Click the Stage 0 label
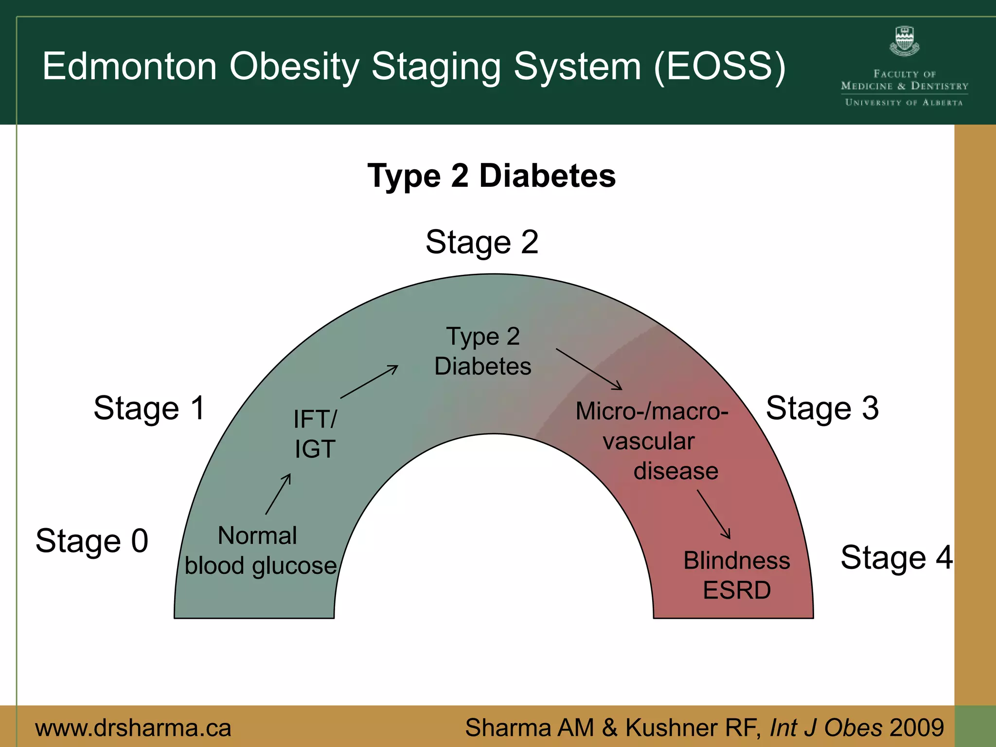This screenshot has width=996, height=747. coord(92,541)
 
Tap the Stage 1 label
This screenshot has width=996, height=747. coord(149,408)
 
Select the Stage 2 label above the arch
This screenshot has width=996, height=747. coord(482,242)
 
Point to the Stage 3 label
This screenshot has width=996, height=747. coord(822,408)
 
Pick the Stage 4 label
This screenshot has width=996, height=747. coord(896,557)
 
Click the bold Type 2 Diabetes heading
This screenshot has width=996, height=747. coord(491,176)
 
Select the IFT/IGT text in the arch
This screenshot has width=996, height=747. coord(315,434)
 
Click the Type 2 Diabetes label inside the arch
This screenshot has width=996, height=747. coord(483,351)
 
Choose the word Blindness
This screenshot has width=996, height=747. coord(736,561)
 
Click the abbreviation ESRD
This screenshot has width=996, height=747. coord(736,590)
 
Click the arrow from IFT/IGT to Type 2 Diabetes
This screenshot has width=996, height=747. coord(369,382)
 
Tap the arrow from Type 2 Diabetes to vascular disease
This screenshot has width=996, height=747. coord(589,369)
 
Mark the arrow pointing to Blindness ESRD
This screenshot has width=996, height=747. coord(713,514)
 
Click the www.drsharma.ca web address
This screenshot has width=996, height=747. coord(133,728)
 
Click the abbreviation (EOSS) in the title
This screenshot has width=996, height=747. coord(720,67)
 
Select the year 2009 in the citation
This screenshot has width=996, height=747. coord(916,728)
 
